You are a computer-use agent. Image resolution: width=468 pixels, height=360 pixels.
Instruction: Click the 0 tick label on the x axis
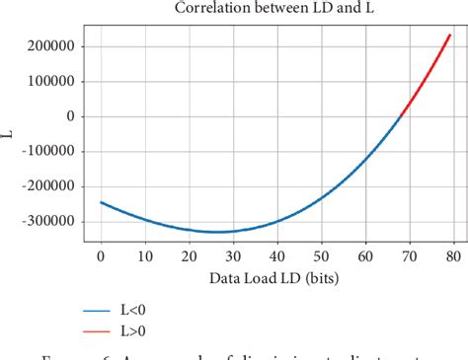coord(101,255)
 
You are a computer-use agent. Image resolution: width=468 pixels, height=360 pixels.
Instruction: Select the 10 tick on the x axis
coord(145,255)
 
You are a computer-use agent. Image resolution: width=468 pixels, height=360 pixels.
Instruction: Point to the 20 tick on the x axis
coord(189,255)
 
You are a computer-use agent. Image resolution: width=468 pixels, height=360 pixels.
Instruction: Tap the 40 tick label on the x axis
coord(276,255)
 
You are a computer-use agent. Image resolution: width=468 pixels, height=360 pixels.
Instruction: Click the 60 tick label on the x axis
coord(365,255)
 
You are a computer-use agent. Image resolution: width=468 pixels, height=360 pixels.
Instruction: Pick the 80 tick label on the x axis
coord(453,255)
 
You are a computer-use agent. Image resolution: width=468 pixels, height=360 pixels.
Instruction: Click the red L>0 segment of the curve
coord(427,78)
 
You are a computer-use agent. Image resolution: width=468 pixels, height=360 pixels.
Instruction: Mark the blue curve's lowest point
coord(216,232)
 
